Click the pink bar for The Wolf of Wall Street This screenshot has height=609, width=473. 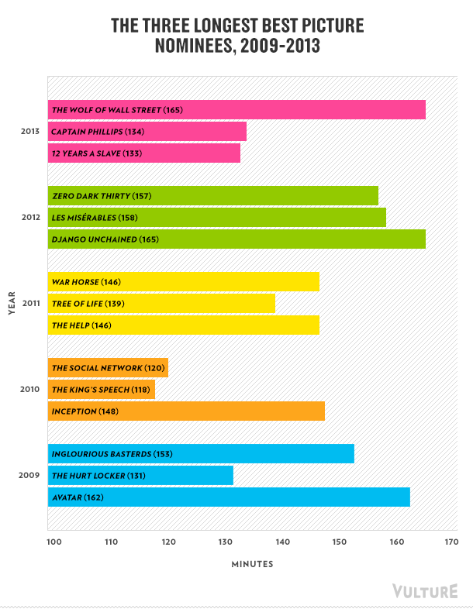236,110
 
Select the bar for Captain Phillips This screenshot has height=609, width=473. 147,132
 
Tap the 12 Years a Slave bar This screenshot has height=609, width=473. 144,153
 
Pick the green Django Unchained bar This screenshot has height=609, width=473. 236,239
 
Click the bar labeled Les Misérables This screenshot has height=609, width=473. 217,217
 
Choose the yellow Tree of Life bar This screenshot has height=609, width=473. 161,304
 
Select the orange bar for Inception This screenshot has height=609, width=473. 186,411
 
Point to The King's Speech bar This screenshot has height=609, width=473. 102,389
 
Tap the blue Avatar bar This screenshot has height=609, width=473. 229,497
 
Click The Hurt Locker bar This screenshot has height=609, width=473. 140,475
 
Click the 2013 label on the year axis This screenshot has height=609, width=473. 31,132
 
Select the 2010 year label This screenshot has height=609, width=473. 31,389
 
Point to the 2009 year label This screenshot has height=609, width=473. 31,475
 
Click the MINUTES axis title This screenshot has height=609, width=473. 252,564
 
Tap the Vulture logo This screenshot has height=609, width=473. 425,591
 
